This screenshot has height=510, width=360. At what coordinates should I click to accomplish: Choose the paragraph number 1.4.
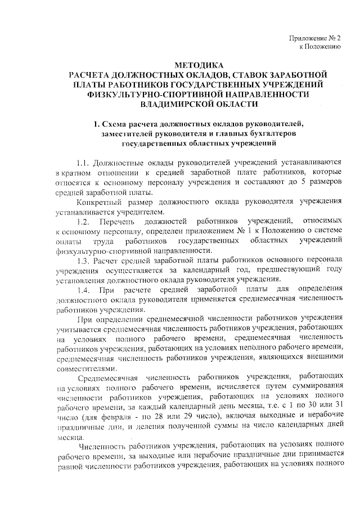point(88,289)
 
